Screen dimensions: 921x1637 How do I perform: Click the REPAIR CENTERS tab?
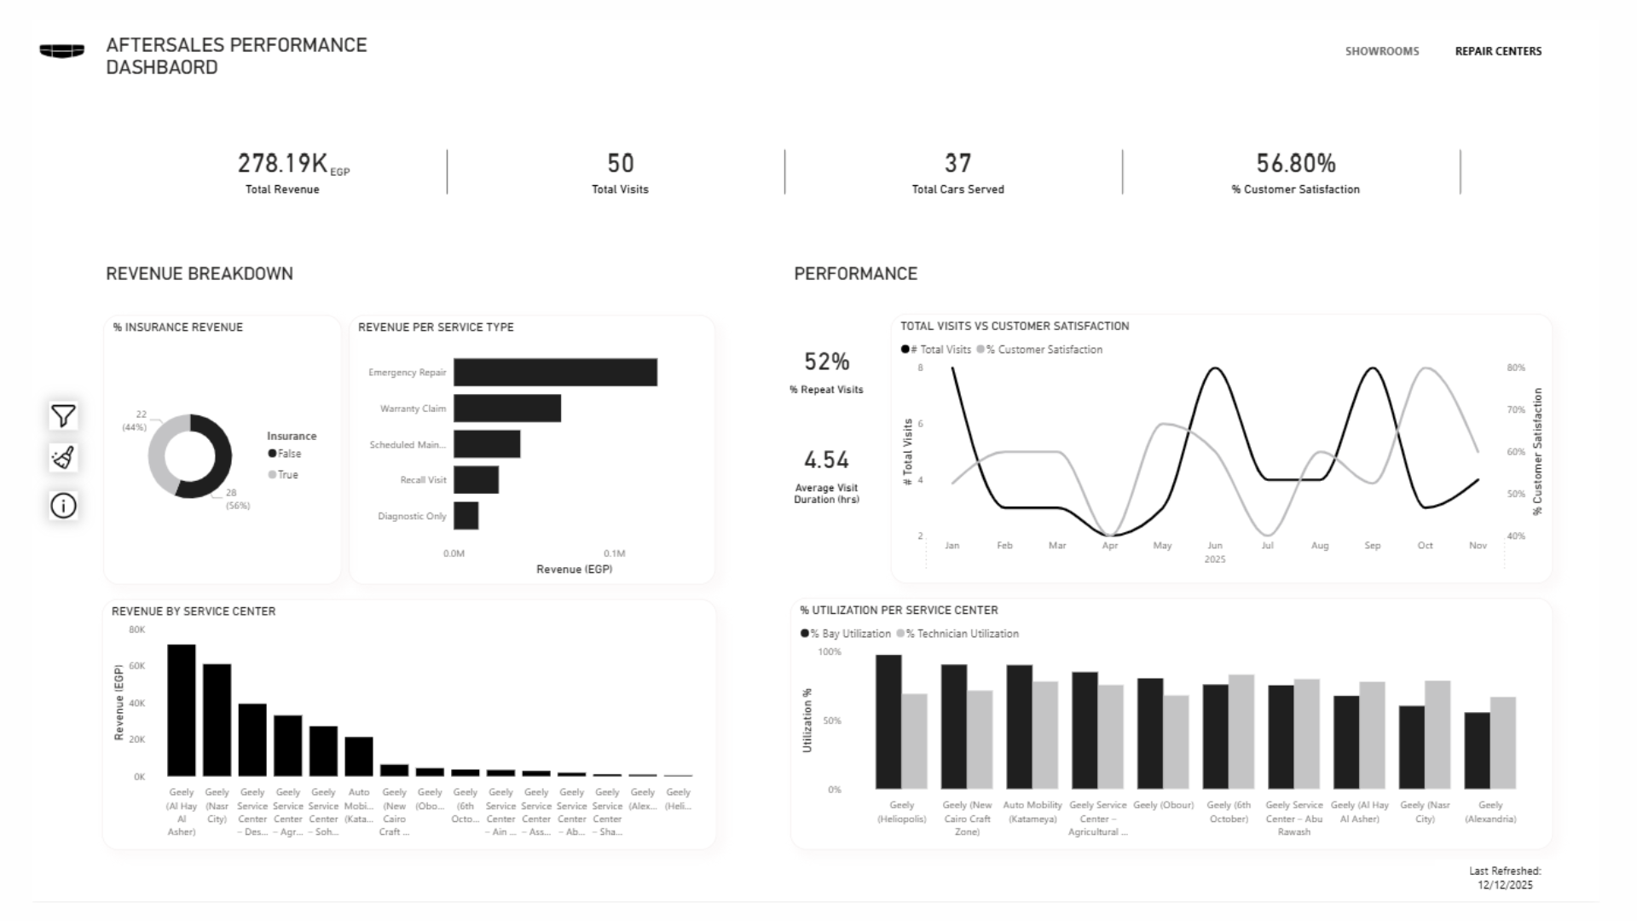pyautogui.click(x=1498, y=51)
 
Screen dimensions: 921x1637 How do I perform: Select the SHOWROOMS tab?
pyautogui.click(x=1382, y=51)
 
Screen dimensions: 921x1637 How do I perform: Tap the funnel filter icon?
pyautogui.click(x=63, y=416)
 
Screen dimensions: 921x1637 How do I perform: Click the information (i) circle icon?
pyautogui.click(x=63, y=506)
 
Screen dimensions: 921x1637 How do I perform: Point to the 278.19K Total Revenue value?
pyautogui.click(x=283, y=163)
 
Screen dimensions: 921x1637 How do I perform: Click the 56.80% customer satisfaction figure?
pyautogui.click(x=1295, y=163)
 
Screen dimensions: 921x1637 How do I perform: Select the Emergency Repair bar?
pyautogui.click(x=555, y=373)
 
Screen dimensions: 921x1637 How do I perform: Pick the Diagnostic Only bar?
pyautogui.click(x=466, y=516)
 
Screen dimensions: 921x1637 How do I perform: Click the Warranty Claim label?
pyautogui.click(x=413, y=408)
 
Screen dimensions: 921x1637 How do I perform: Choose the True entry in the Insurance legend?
pyautogui.click(x=287, y=475)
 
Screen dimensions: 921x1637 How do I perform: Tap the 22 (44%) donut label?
pyautogui.click(x=136, y=420)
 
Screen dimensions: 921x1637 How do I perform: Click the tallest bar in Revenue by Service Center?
pyautogui.click(x=182, y=710)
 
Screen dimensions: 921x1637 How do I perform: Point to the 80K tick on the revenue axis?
pyautogui.click(x=137, y=630)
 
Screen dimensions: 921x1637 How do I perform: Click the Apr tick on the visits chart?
pyautogui.click(x=1109, y=546)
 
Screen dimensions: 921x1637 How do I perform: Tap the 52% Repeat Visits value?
pyautogui.click(x=826, y=362)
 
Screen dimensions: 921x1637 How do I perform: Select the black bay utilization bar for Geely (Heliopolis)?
pyautogui.click(x=888, y=721)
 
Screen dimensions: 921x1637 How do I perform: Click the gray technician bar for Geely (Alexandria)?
pyautogui.click(x=1502, y=743)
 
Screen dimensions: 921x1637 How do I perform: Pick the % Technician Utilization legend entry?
pyautogui.click(x=962, y=634)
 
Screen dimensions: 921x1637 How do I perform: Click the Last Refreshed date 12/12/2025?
pyautogui.click(x=1505, y=885)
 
